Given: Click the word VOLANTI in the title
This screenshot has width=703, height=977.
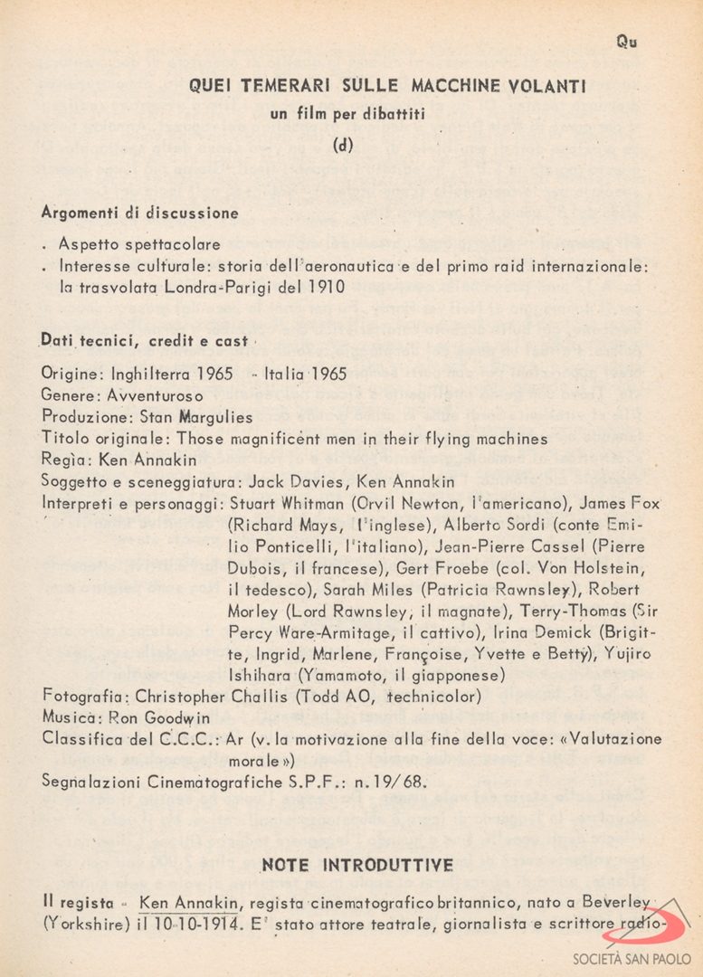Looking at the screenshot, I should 547,87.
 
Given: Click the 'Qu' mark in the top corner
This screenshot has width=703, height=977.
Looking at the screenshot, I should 626,42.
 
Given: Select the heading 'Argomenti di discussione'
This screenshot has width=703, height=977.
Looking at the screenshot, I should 140,213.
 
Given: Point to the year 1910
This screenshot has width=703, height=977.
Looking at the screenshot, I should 325,287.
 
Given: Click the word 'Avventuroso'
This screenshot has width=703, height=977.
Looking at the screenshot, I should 155,395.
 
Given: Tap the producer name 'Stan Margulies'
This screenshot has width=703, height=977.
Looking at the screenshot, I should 195,417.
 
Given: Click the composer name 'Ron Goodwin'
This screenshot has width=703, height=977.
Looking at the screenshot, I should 160,717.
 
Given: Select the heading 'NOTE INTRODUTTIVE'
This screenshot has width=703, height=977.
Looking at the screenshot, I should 357,866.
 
